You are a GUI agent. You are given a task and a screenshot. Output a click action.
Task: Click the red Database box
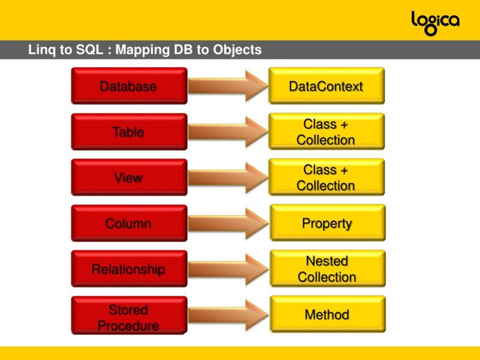click(x=128, y=86)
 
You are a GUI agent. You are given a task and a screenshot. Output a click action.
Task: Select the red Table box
click(x=128, y=131)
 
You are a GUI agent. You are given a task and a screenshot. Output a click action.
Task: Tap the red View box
click(x=128, y=178)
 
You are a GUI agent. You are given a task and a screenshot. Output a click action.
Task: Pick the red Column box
click(x=128, y=223)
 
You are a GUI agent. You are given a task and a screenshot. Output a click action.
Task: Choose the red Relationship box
click(x=128, y=269)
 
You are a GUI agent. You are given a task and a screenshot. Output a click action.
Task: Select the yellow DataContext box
click(x=326, y=86)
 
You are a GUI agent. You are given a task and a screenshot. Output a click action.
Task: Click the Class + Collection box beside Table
click(x=326, y=131)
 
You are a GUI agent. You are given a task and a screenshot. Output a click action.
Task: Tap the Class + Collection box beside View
click(x=326, y=178)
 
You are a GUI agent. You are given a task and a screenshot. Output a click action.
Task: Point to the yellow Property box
click(x=326, y=223)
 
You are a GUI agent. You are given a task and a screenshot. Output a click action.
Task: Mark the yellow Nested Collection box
click(x=326, y=269)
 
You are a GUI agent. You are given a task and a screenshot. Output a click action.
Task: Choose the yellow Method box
click(x=326, y=314)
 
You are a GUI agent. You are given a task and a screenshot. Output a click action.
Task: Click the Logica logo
click(x=435, y=22)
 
